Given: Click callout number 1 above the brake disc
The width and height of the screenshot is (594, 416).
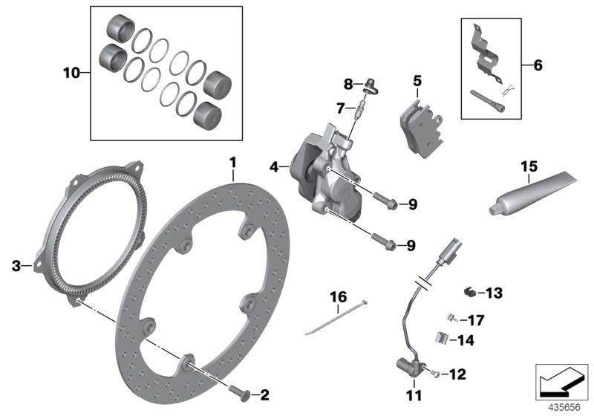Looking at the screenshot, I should (x=232, y=162).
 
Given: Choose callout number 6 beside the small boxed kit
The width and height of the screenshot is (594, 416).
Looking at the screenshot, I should (x=538, y=66).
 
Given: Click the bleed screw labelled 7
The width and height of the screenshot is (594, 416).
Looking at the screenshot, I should (x=359, y=111).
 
